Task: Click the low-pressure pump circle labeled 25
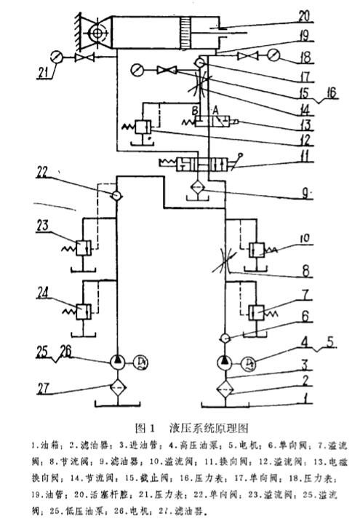116,361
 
